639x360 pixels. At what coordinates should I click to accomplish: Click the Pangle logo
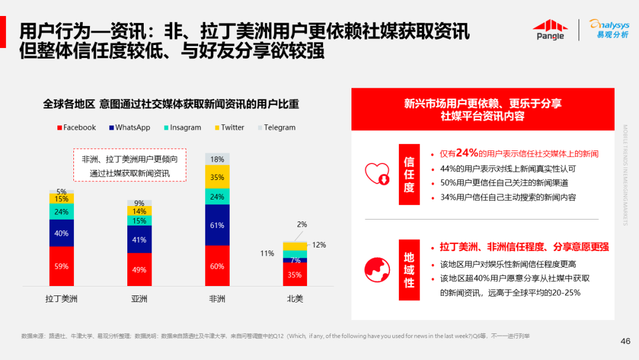(x=550, y=30)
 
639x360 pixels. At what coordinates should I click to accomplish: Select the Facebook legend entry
(x=76, y=127)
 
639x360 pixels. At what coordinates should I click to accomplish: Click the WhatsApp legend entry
(x=130, y=127)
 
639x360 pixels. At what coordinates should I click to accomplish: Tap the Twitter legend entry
(x=229, y=127)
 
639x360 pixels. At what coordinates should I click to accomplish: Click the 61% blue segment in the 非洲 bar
(x=217, y=225)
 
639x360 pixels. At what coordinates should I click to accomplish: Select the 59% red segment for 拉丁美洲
(x=62, y=266)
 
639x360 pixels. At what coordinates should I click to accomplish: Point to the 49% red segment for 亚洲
(x=140, y=270)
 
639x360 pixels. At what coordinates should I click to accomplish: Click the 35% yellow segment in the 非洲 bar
(x=217, y=177)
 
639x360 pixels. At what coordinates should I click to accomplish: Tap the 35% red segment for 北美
(x=295, y=275)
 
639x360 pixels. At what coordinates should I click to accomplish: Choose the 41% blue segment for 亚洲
(x=140, y=240)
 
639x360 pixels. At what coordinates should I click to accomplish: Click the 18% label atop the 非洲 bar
(x=217, y=159)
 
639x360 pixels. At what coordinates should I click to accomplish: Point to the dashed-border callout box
(x=130, y=165)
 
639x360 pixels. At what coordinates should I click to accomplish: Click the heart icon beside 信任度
(x=377, y=173)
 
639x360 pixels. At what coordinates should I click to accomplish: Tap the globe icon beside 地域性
(x=377, y=269)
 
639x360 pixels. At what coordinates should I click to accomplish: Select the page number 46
(x=625, y=341)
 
